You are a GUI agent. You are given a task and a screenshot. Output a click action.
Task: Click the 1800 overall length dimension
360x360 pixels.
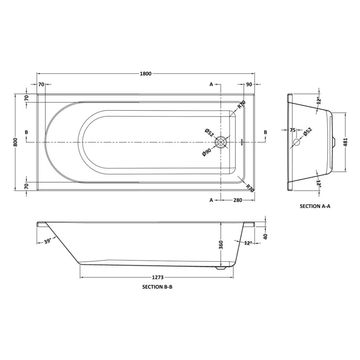click(145, 73)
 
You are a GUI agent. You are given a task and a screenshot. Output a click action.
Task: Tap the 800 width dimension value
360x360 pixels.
click(15, 142)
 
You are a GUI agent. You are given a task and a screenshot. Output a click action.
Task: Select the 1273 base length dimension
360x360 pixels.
click(158, 277)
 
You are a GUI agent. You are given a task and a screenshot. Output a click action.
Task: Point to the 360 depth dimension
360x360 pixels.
click(221, 245)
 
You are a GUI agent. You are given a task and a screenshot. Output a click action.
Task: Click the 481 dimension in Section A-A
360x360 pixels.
click(345, 142)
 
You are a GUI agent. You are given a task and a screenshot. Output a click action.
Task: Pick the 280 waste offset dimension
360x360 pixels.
click(237, 200)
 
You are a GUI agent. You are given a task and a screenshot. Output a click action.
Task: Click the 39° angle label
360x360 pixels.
click(48, 241)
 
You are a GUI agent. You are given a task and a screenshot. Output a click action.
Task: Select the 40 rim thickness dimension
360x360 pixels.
click(265, 236)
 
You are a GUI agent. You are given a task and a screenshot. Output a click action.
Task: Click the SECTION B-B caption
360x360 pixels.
click(157, 287)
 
